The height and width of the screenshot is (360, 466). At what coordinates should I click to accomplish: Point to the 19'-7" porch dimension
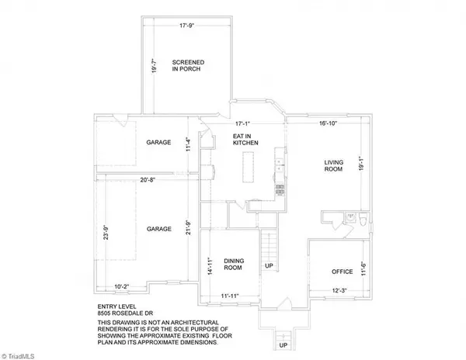tap(155, 67)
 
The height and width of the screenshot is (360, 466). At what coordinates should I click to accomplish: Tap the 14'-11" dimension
tap(210, 267)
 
